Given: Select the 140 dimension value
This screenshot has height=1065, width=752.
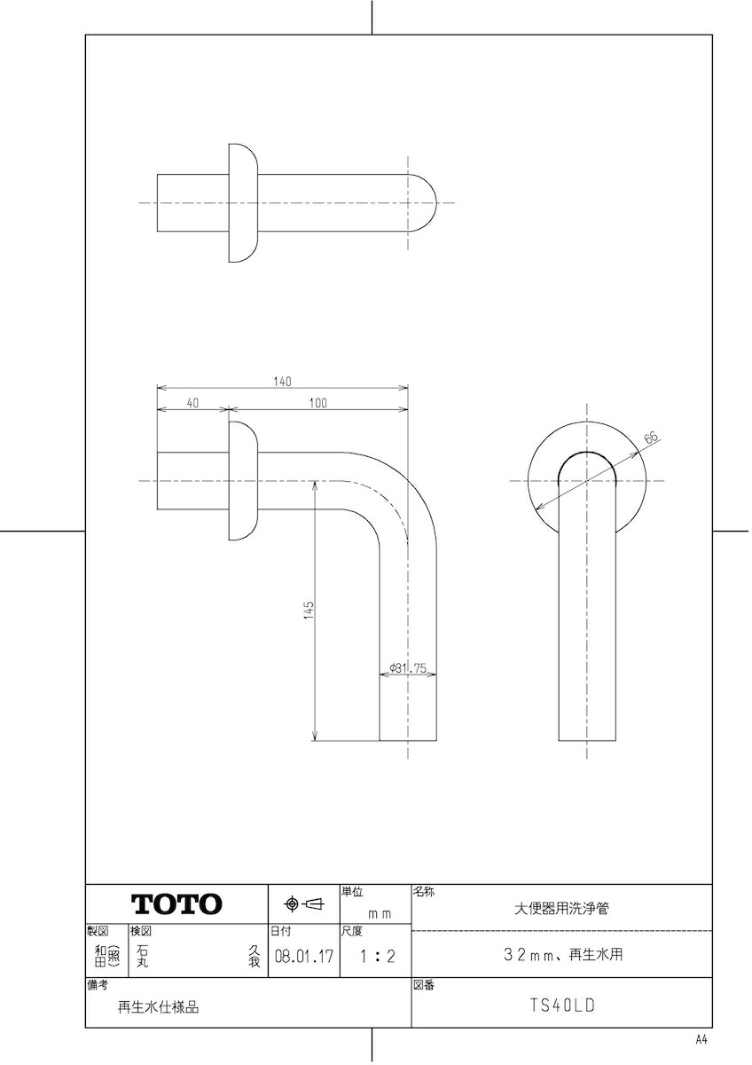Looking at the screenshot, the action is (282, 382).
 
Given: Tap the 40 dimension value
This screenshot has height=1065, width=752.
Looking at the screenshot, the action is (192, 403).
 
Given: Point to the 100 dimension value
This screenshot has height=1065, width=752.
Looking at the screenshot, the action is (317, 403).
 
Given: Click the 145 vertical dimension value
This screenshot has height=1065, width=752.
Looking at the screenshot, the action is (309, 610).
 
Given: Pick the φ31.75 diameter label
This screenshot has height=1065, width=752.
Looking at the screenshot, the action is (408, 668).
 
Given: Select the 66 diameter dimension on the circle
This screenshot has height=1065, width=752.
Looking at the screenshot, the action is (653, 437).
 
